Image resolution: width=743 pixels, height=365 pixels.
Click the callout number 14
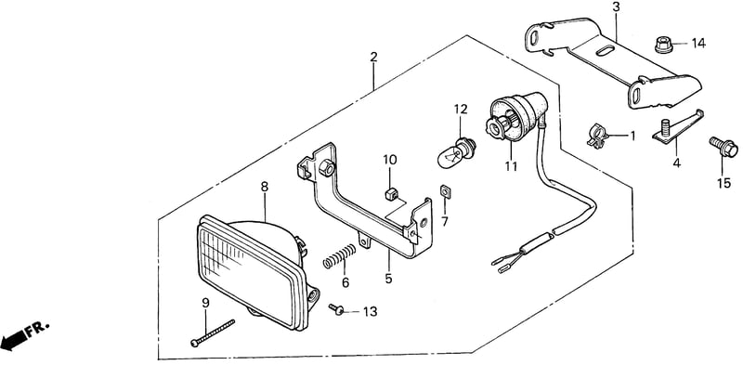tap(698, 44)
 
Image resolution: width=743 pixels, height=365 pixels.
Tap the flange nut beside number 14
tap(663, 45)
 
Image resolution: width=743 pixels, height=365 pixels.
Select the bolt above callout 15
tap(723, 146)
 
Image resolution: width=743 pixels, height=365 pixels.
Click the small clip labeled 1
tap(598, 135)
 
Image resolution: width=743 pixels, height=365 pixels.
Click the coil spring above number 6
tap(339, 255)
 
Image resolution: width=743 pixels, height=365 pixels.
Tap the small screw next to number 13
tap(337, 309)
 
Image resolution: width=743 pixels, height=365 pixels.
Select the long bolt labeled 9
tap(213, 332)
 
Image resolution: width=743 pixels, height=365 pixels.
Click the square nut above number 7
tap(446, 190)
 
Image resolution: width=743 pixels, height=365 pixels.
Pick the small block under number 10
tap(389, 194)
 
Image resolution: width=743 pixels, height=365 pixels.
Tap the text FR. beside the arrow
tap(38, 328)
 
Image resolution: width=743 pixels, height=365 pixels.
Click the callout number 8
tap(265, 187)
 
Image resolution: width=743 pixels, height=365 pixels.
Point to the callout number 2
tap(374, 58)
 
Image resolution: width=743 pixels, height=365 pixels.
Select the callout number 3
tap(616, 7)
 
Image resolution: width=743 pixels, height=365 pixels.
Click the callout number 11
tap(512, 166)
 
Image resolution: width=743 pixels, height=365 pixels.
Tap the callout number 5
tap(388, 279)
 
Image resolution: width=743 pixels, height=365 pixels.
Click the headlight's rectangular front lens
tap(250, 273)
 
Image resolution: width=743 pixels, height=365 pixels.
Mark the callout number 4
tap(677, 163)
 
